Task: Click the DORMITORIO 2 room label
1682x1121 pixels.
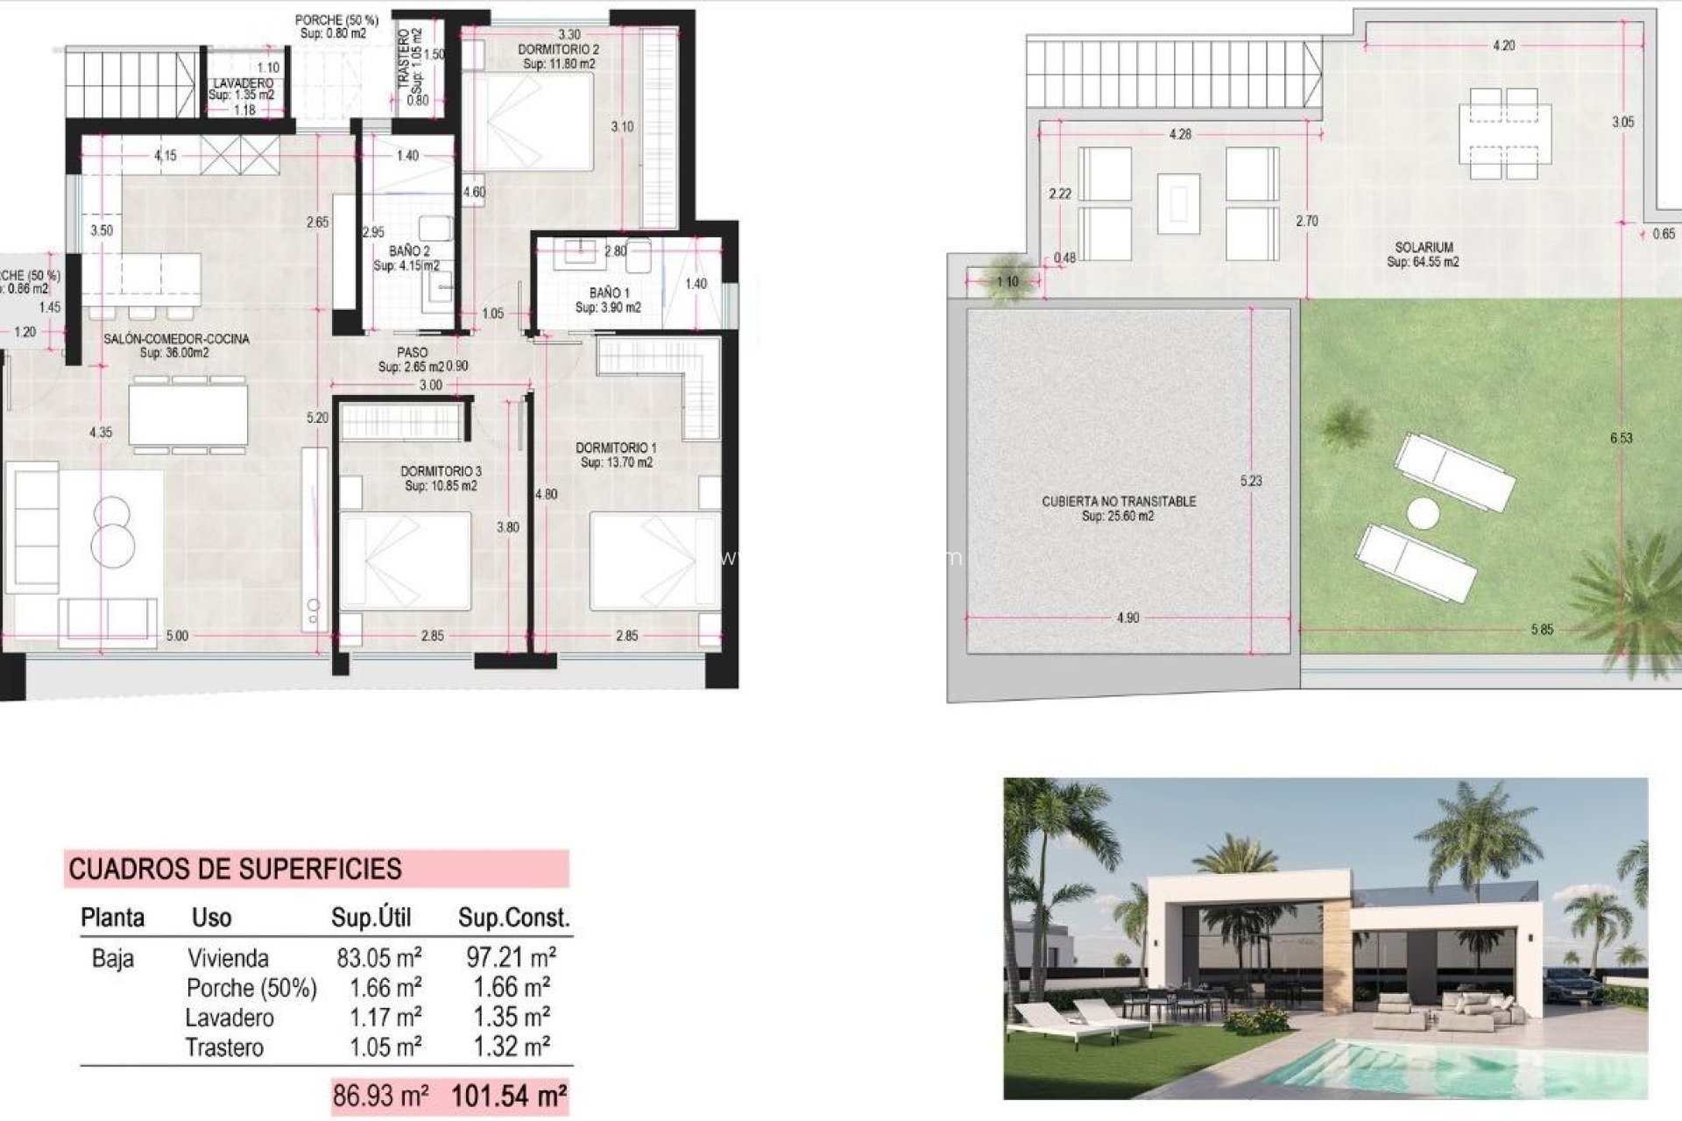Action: [x=558, y=50]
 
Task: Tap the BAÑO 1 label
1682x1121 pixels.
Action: [x=609, y=293]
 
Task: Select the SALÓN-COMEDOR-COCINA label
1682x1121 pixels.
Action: [x=176, y=339]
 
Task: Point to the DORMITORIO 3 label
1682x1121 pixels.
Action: [x=441, y=471]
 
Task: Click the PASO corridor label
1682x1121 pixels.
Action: [x=412, y=353]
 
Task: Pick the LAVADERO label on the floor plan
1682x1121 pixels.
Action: [x=242, y=83]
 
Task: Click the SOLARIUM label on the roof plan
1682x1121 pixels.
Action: [x=1424, y=248]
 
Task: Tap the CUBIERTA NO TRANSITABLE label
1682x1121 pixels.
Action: [x=1118, y=502]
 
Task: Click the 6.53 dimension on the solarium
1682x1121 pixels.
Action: [x=1621, y=438]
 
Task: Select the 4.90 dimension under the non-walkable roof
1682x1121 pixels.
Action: [x=1127, y=618]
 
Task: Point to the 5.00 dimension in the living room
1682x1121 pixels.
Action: [x=177, y=636]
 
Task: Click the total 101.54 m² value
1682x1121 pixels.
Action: [x=508, y=1096]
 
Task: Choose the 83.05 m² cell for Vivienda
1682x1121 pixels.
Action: [x=378, y=957]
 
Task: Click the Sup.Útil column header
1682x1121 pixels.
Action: [x=371, y=918]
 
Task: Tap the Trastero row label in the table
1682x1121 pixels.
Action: [x=224, y=1047]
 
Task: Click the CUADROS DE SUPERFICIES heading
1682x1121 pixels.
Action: [x=235, y=869]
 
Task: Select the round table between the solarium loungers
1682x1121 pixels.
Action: [x=1424, y=512]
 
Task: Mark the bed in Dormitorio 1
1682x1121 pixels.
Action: [x=653, y=560]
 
